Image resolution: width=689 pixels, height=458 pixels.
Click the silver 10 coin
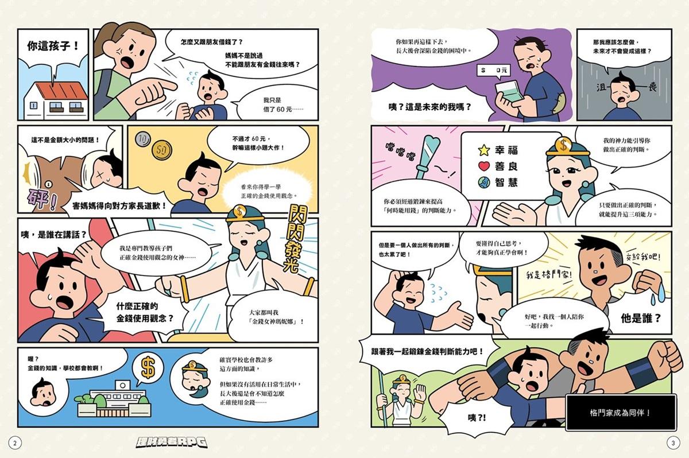[x=143, y=139]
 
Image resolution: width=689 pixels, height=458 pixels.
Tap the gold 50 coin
[x=162, y=150]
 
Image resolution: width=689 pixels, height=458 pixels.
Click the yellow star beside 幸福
[x=484, y=150]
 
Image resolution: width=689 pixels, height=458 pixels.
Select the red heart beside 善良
[x=484, y=166]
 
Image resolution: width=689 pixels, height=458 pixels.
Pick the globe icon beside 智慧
[x=484, y=183]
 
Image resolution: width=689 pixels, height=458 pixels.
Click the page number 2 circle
[x=15, y=443]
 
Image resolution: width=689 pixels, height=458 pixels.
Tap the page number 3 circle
[x=673, y=443]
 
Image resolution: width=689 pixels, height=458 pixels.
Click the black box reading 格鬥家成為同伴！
[x=621, y=412]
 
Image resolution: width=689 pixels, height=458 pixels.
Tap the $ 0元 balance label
[x=493, y=71]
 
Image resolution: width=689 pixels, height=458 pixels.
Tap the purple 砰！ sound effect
[x=42, y=200]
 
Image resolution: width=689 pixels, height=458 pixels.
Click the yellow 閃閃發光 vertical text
[x=296, y=239]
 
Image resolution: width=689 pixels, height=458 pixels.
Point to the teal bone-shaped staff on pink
[x=428, y=157]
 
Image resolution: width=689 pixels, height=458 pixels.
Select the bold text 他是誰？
[x=641, y=318]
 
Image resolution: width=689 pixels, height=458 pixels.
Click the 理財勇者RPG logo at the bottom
[x=172, y=442]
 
